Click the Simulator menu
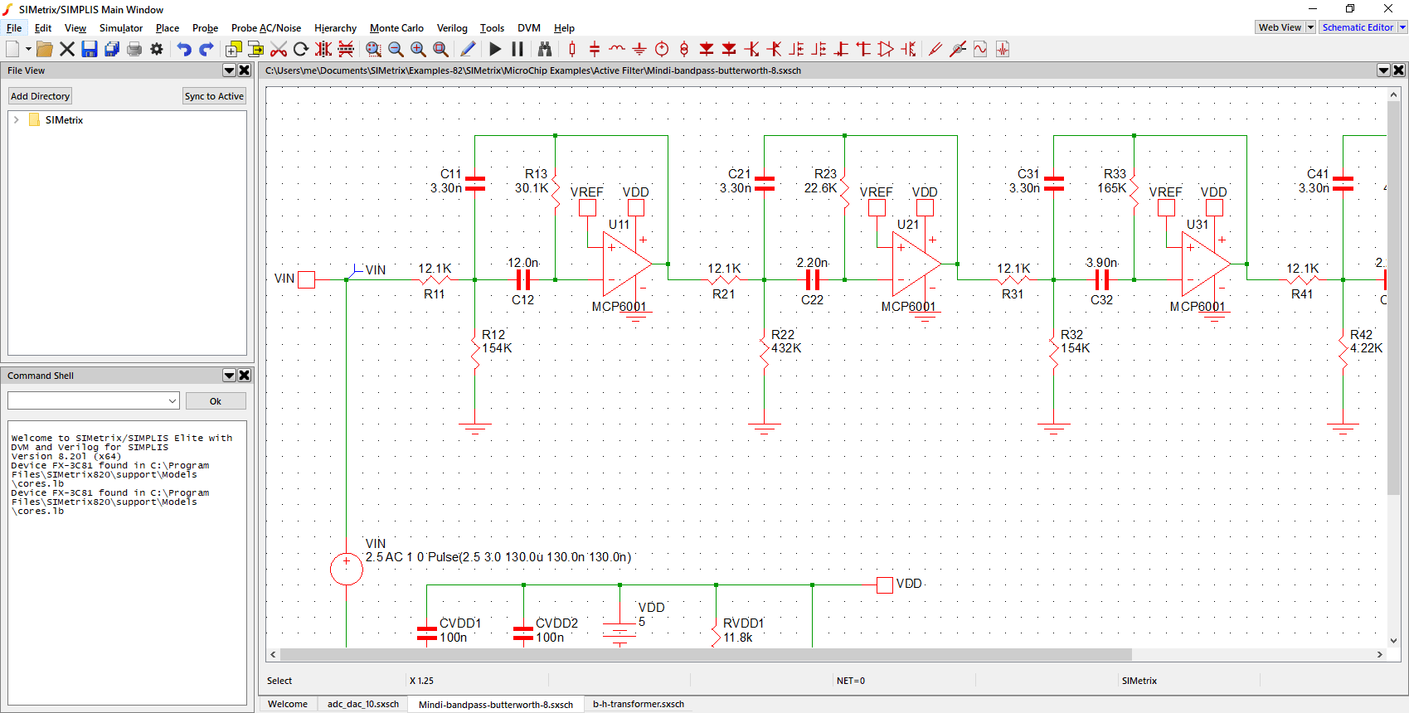121,27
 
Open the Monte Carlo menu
396,27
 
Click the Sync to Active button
214,96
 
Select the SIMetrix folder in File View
64,119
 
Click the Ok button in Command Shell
215,401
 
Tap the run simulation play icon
495,49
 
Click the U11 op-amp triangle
626,264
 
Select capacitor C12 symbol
522,279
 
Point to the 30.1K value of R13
532,187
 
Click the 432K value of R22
785,347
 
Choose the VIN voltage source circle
346,569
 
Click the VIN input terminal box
306,279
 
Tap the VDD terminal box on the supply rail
884,584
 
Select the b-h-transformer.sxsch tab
638,704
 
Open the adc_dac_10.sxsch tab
363,704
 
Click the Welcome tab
288,704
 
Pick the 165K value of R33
1111,187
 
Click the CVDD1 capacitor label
459,623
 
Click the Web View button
1280,27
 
